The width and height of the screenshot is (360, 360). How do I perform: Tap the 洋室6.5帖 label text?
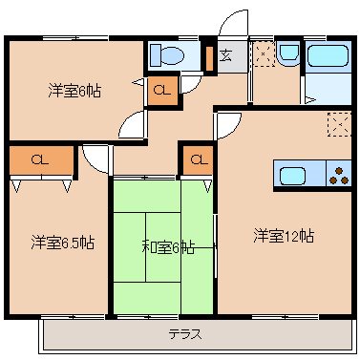click(x=61, y=242)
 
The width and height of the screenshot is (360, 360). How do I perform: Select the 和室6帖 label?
click(x=168, y=247)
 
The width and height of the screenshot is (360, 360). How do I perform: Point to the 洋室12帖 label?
click(x=284, y=235)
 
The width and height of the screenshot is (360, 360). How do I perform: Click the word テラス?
click(x=184, y=334)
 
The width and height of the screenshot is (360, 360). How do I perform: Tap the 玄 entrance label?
click(x=226, y=53)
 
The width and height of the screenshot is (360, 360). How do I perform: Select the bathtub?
click(x=328, y=58)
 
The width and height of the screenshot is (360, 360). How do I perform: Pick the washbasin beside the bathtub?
click(x=288, y=55)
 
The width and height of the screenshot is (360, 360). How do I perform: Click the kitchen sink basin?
click(x=292, y=175)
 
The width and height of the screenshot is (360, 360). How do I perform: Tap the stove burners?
click(x=338, y=175)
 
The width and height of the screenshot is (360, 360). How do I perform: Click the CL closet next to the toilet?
click(x=162, y=92)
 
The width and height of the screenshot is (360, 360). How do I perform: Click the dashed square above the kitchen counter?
click(x=337, y=122)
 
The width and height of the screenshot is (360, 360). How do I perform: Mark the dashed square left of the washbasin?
click(x=261, y=53)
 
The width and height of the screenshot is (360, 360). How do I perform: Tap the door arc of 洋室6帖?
click(x=135, y=121)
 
